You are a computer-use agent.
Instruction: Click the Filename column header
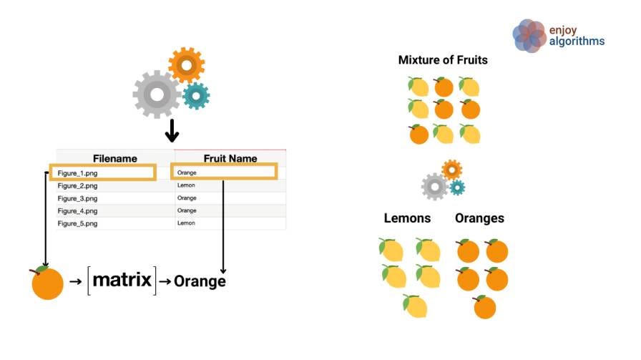[114, 158]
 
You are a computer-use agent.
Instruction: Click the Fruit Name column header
[230, 158]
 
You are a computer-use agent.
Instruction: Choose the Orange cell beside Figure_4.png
[187, 210]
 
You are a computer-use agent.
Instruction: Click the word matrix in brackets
[122, 279]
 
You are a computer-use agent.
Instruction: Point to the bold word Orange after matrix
[200, 281]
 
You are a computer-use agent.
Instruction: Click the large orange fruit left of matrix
[47, 283]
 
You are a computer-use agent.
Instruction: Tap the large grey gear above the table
[157, 94]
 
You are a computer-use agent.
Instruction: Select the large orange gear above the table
[187, 67]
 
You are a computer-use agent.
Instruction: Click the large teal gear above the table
[195, 96]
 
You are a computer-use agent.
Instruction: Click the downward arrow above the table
[171, 130]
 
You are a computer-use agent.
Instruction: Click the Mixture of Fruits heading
[443, 60]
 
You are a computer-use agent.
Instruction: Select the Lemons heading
[407, 218]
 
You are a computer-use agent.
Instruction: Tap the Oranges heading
[479, 218]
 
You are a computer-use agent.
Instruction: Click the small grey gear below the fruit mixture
[435, 187]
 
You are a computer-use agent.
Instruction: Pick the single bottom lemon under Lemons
[414, 306]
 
